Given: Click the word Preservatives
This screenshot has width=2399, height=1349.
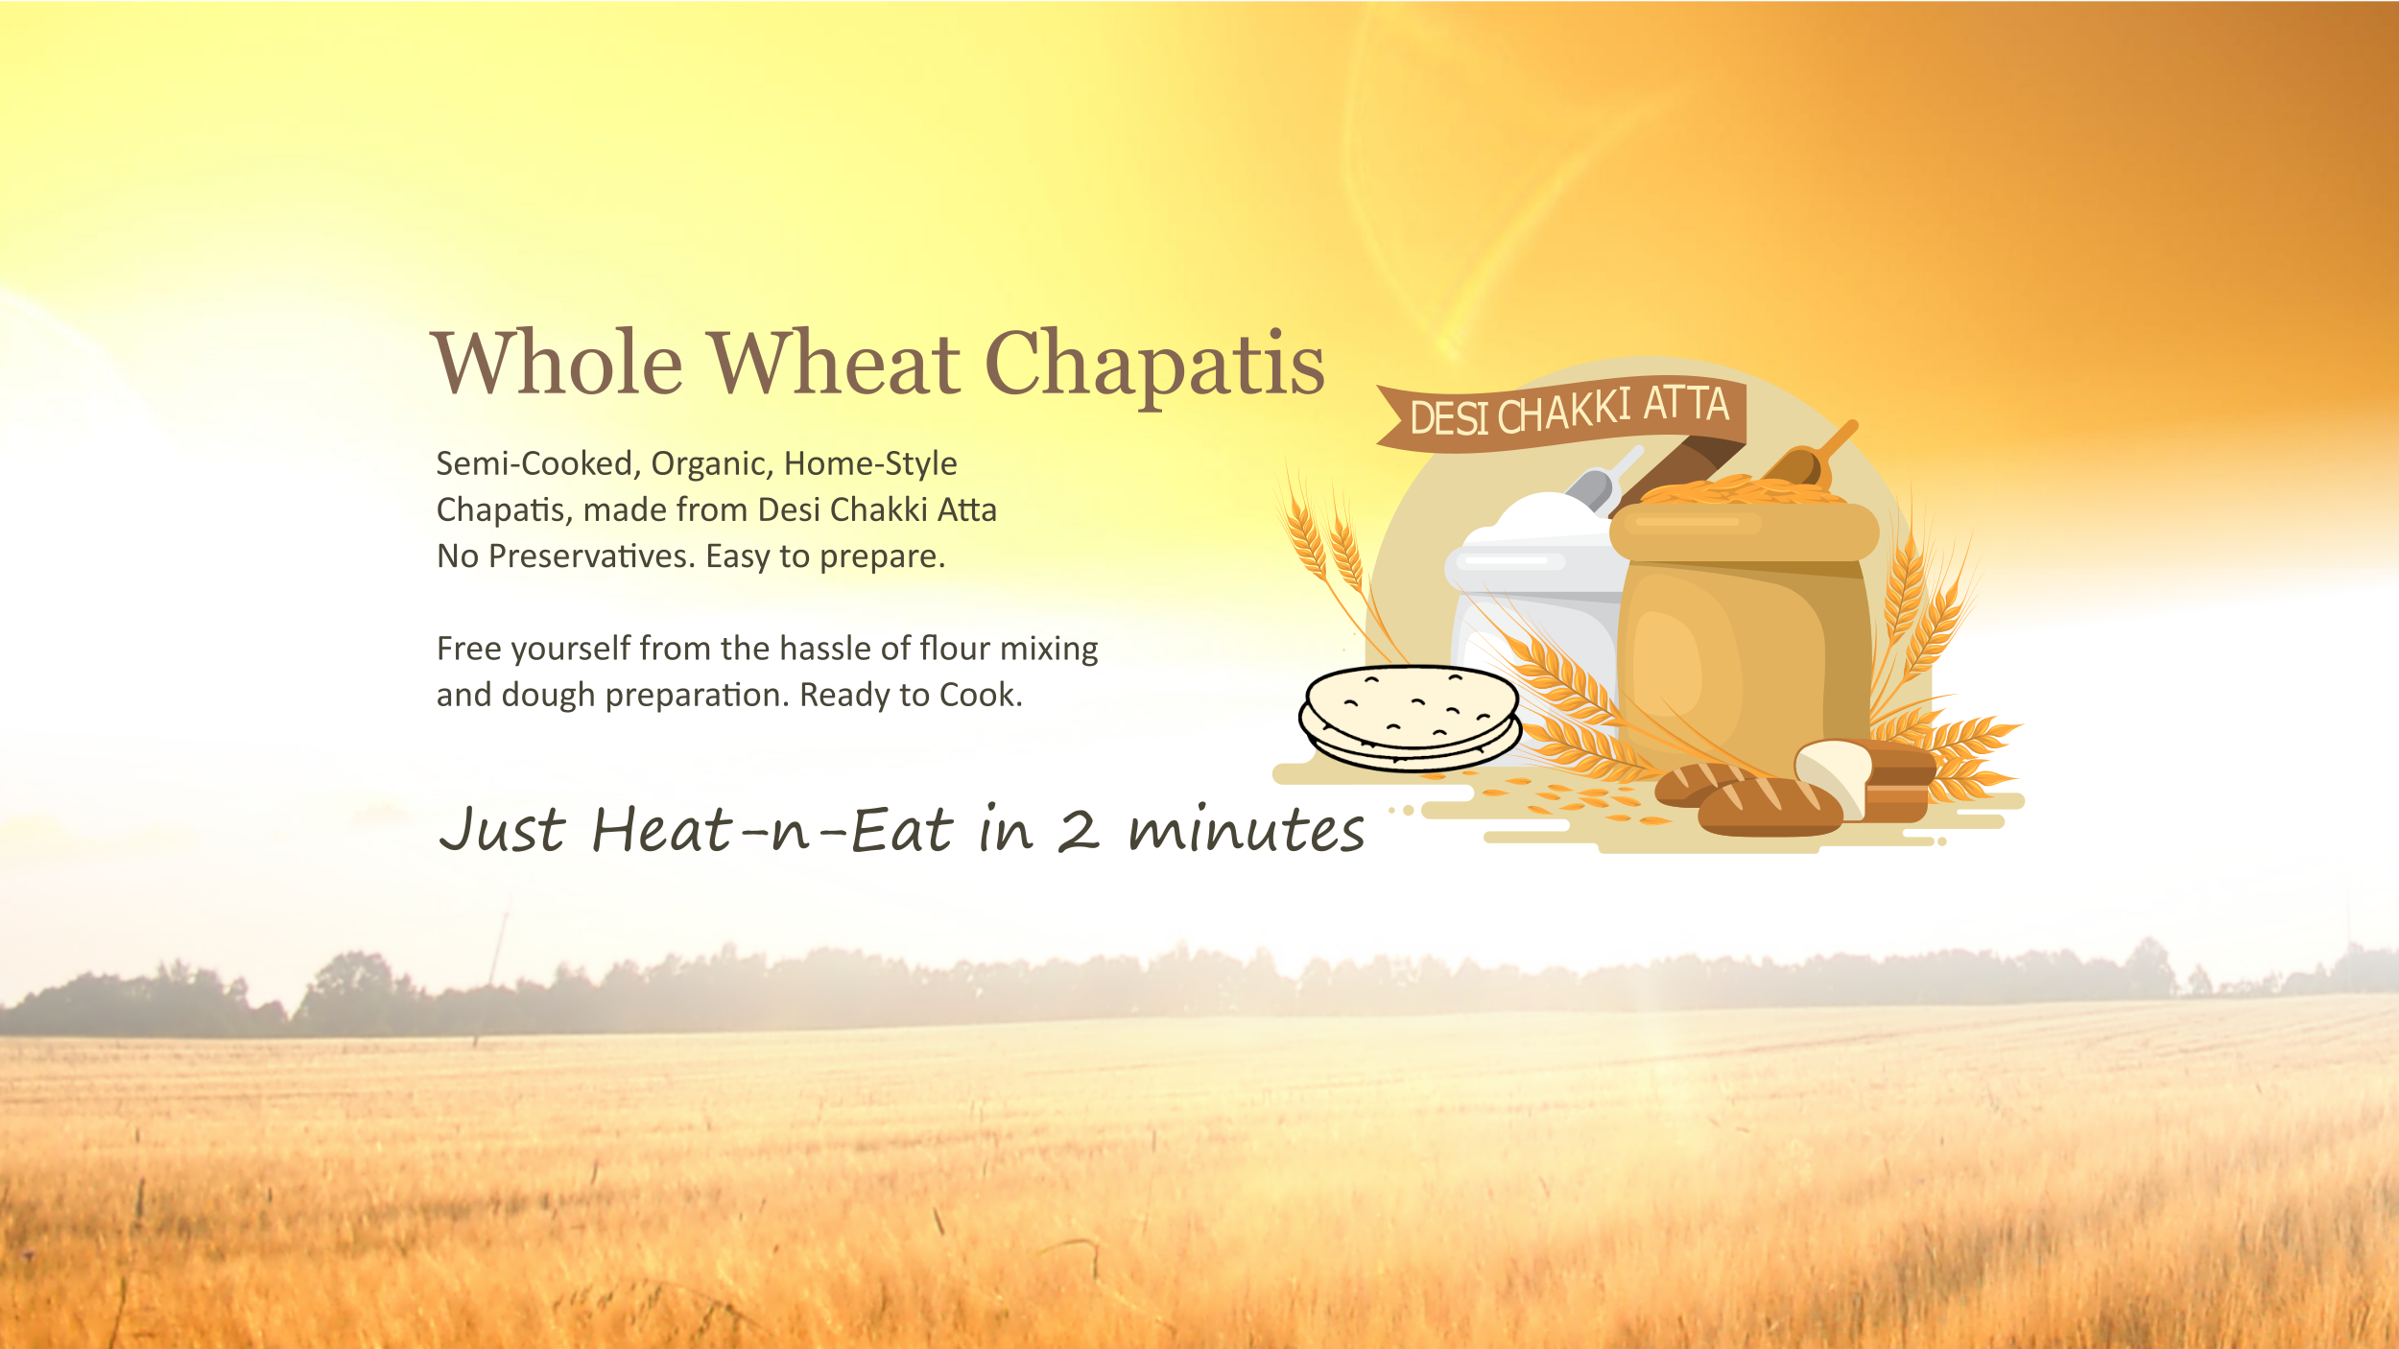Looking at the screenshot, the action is (592, 557).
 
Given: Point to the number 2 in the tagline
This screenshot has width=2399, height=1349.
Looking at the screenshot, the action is (1079, 831).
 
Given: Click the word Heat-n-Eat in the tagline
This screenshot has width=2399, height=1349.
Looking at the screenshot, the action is (772, 830).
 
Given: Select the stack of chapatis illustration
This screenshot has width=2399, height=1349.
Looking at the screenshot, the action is (1410, 719).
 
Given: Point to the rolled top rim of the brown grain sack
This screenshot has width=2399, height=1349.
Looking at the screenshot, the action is (1744, 532).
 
